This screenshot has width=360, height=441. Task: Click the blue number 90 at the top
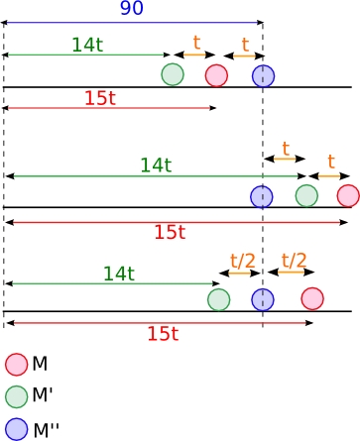tap(132, 8)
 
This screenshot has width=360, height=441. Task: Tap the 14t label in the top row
tap(87, 45)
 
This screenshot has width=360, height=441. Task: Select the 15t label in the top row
tap(100, 98)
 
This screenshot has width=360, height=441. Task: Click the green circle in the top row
tap(173, 74)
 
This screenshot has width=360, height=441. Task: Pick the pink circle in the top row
tap(216, 75)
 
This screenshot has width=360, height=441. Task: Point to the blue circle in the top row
tap(263, 76)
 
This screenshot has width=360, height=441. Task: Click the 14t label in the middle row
tap(156, 165)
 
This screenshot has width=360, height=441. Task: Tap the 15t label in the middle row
tap(170, 232)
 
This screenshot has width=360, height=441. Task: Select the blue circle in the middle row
tap(262, 197)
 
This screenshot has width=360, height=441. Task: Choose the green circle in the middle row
tap(306, 196)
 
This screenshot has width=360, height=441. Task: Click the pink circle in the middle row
tap(348, 195)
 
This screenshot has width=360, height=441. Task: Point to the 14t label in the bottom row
tap(119, 274)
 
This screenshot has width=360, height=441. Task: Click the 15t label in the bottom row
tap(163, 334)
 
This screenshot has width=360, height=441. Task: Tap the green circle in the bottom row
tap(219, 299)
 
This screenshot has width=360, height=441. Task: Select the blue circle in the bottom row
tap(263, 299)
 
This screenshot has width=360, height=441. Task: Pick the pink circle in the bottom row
tap(312, 298)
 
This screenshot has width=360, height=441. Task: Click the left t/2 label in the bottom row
tap(243, 262)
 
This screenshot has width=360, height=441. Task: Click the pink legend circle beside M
tap(16, 365)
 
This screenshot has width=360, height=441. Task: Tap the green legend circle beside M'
tap(16, 396)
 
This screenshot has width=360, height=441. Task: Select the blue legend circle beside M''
tap(16, 429)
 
